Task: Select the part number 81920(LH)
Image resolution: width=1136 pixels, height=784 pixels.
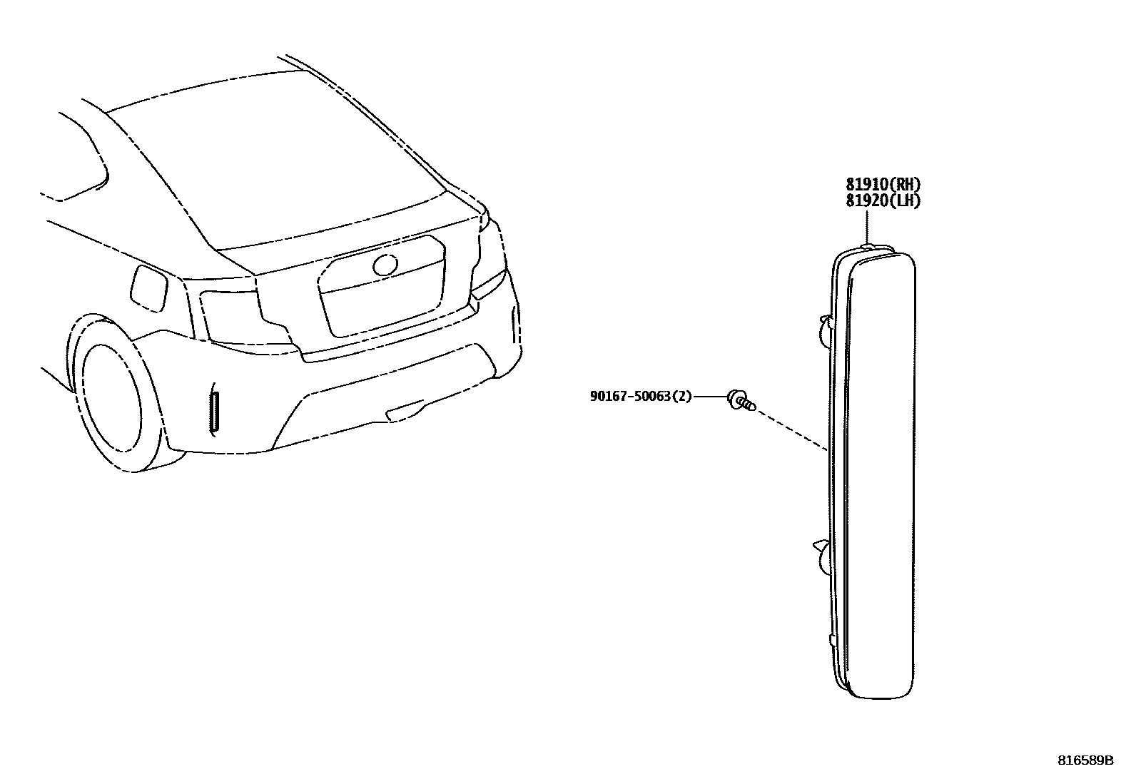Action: [883, 201]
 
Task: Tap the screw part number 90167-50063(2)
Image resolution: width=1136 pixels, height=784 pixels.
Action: [640, 396]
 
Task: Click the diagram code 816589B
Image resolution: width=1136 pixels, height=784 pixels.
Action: [1085, 760]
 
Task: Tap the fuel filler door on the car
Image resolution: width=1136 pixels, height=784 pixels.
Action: [148, 287]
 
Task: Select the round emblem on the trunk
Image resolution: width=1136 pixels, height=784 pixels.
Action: [385, 265]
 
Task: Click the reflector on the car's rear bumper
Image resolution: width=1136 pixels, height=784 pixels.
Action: [214, 412]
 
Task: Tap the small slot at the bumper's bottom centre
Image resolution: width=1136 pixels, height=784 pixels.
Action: [403, 412]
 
